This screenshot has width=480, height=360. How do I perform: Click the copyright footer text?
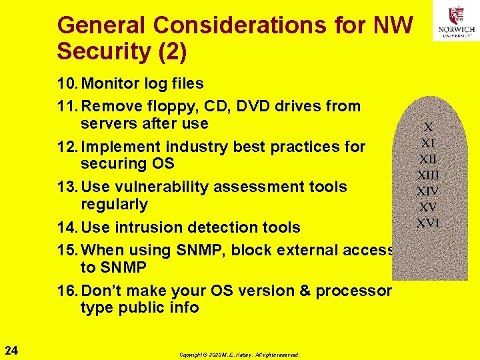point(239,355)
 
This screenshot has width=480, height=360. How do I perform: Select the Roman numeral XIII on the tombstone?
point(428,175)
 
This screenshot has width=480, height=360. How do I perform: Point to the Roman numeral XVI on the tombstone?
point(428,223)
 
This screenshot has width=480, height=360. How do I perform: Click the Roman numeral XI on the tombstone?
point(428,143)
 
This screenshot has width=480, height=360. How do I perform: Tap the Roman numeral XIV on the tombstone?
point(428,191)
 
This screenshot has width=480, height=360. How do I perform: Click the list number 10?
point(67,84)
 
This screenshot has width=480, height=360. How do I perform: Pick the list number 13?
point(67,187)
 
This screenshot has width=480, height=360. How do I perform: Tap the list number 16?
point(67,291)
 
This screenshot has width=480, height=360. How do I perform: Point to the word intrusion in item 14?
point(147,227)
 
